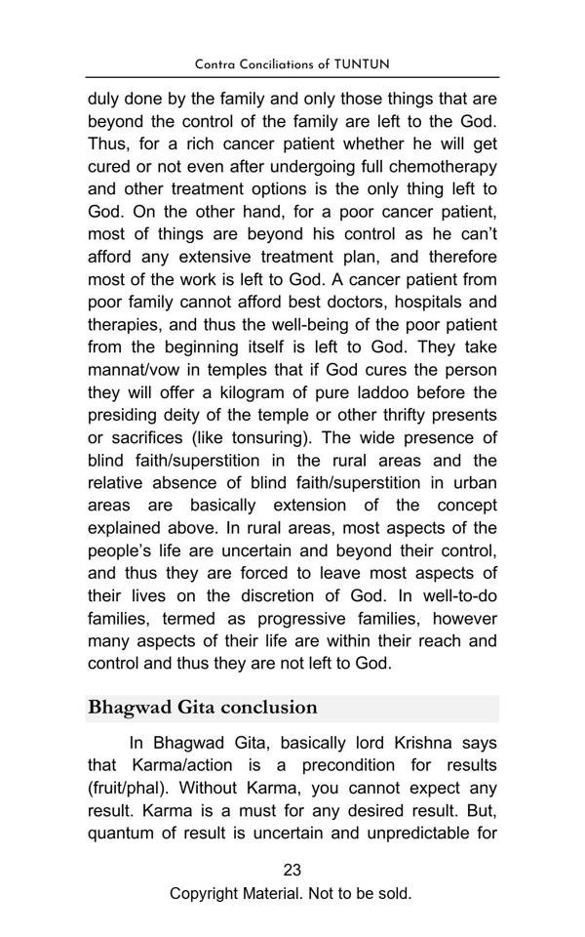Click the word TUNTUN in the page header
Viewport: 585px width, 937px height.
pos(362,64)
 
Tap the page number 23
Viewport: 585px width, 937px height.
pos(292,870)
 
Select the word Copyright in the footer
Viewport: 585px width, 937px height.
pos(205,893)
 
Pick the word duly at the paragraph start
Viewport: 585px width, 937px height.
pos(104,99)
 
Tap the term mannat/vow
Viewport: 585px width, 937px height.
pos(137,370)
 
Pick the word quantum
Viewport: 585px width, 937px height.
pos(123,833)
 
